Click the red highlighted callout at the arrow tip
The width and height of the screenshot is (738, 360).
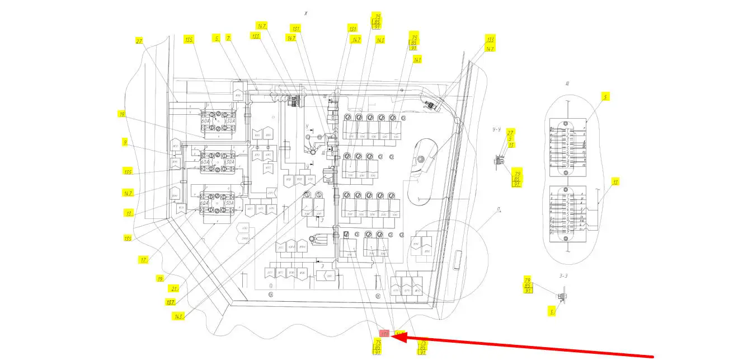385,334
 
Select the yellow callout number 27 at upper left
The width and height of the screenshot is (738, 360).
139,40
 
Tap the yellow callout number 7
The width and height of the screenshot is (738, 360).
228,38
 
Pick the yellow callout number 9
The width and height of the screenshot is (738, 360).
125,142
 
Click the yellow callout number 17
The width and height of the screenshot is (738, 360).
144,259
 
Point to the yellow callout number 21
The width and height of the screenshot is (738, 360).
174,288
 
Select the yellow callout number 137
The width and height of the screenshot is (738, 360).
170,302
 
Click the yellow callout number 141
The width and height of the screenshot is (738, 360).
417,59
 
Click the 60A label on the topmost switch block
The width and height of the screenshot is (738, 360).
205,120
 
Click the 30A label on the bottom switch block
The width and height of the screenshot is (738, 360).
230,204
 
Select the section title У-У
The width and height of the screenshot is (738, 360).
496,129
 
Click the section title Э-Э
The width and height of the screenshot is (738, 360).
563,275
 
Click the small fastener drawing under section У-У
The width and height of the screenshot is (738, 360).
497,161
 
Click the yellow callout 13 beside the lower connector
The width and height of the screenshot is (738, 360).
615,182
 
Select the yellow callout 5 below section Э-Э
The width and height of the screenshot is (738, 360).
552,312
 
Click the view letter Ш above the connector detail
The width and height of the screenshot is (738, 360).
567,84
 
